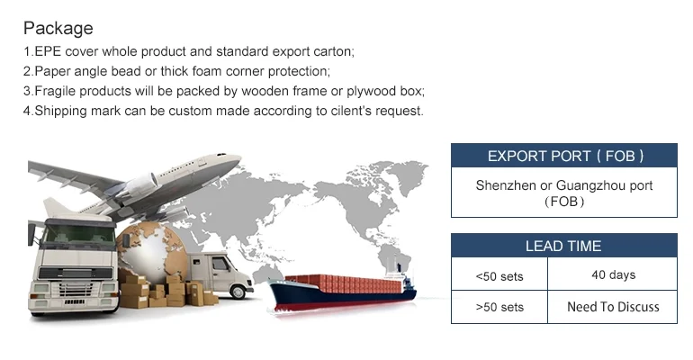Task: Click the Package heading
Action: point(58,28)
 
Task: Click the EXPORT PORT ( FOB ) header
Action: point(564,157)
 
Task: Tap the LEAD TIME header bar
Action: point(563,246)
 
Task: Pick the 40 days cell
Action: point(613,274)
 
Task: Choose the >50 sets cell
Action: point(499,308)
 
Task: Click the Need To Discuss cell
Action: point(613,307)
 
